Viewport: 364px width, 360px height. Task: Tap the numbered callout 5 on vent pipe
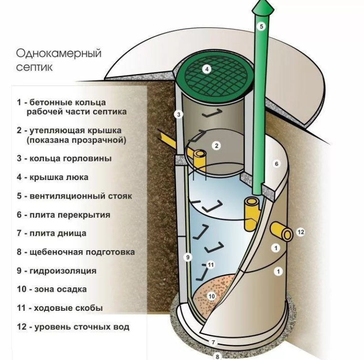pyautogui.click(x=261, y=26)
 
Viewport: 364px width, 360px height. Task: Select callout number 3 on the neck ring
pyautogui.click(x=178, y=115)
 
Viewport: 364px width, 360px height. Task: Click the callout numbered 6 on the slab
pyautogui.click(x=275, y=164)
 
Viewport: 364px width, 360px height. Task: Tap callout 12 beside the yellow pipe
pyautogui.click(x=300, y=232)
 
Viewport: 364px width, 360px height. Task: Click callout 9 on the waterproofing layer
pyautogui.click(x=188, y=257)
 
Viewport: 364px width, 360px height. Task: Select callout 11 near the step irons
pyautogui.click(x=210, y=265)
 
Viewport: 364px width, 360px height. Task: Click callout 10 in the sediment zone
pyautogui.click(x=212, y=296)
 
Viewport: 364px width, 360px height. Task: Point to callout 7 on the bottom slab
pyautogui.click(x=213, y=342)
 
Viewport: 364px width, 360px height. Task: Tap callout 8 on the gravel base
pyautogui.click(x=218, y=356)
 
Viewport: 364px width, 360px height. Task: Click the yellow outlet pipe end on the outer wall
pyautogui.click(x=286, y=233)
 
